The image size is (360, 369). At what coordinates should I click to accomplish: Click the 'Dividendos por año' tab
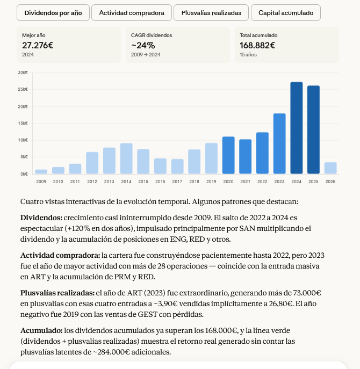pos(53,12)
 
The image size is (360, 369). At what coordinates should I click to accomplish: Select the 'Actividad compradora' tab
pos(132,12)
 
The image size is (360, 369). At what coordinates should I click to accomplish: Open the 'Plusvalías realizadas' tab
pos(211,12)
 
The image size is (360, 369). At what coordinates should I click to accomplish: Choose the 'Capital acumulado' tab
pos(286,12)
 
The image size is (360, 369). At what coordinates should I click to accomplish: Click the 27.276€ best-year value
pos(38,45)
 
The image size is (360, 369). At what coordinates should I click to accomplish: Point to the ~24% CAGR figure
pos(143,45)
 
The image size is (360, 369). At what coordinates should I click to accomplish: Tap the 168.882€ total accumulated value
pos(257,45)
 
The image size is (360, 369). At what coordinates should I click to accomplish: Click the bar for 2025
pos(313,129)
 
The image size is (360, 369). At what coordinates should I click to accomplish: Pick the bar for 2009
pos(41,171)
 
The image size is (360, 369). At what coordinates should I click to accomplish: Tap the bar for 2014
pos(126,158)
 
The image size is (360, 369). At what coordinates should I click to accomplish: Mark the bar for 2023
pos(279,143)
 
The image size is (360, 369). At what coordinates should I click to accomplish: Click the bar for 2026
pos(330,168)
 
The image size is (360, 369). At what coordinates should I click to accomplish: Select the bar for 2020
pos(228,155)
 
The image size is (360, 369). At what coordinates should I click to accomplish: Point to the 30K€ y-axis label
pos(23,73)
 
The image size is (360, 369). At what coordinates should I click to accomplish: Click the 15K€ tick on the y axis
pos(23,124)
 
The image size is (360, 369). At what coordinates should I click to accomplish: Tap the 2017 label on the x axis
pos(177,182)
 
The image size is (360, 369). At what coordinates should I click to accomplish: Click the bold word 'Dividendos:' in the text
pos(41,218)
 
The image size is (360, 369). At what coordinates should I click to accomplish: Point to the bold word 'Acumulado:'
pos(41,330)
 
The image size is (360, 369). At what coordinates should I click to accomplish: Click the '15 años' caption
pos(248,55)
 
